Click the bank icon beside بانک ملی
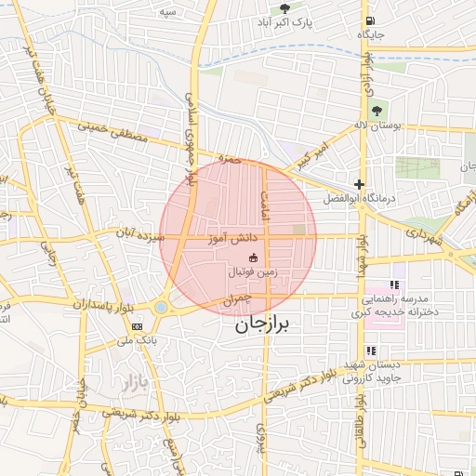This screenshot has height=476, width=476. coord(138,326)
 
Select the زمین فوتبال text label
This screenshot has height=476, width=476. coord(255,272)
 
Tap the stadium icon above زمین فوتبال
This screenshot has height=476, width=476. coord(255,257)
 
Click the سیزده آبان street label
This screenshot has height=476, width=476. coord(138,236)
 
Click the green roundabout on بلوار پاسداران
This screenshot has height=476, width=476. coord(162,306)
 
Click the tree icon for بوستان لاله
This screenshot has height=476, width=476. coord(377,111)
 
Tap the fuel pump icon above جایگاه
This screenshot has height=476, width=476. coord(371,21)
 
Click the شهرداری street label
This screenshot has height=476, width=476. coord(430,232)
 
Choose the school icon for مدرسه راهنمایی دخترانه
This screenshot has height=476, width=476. coord(394,285)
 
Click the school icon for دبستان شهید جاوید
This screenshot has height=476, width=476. coord(372,350)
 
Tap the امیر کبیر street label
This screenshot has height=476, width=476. coord(311,155)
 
